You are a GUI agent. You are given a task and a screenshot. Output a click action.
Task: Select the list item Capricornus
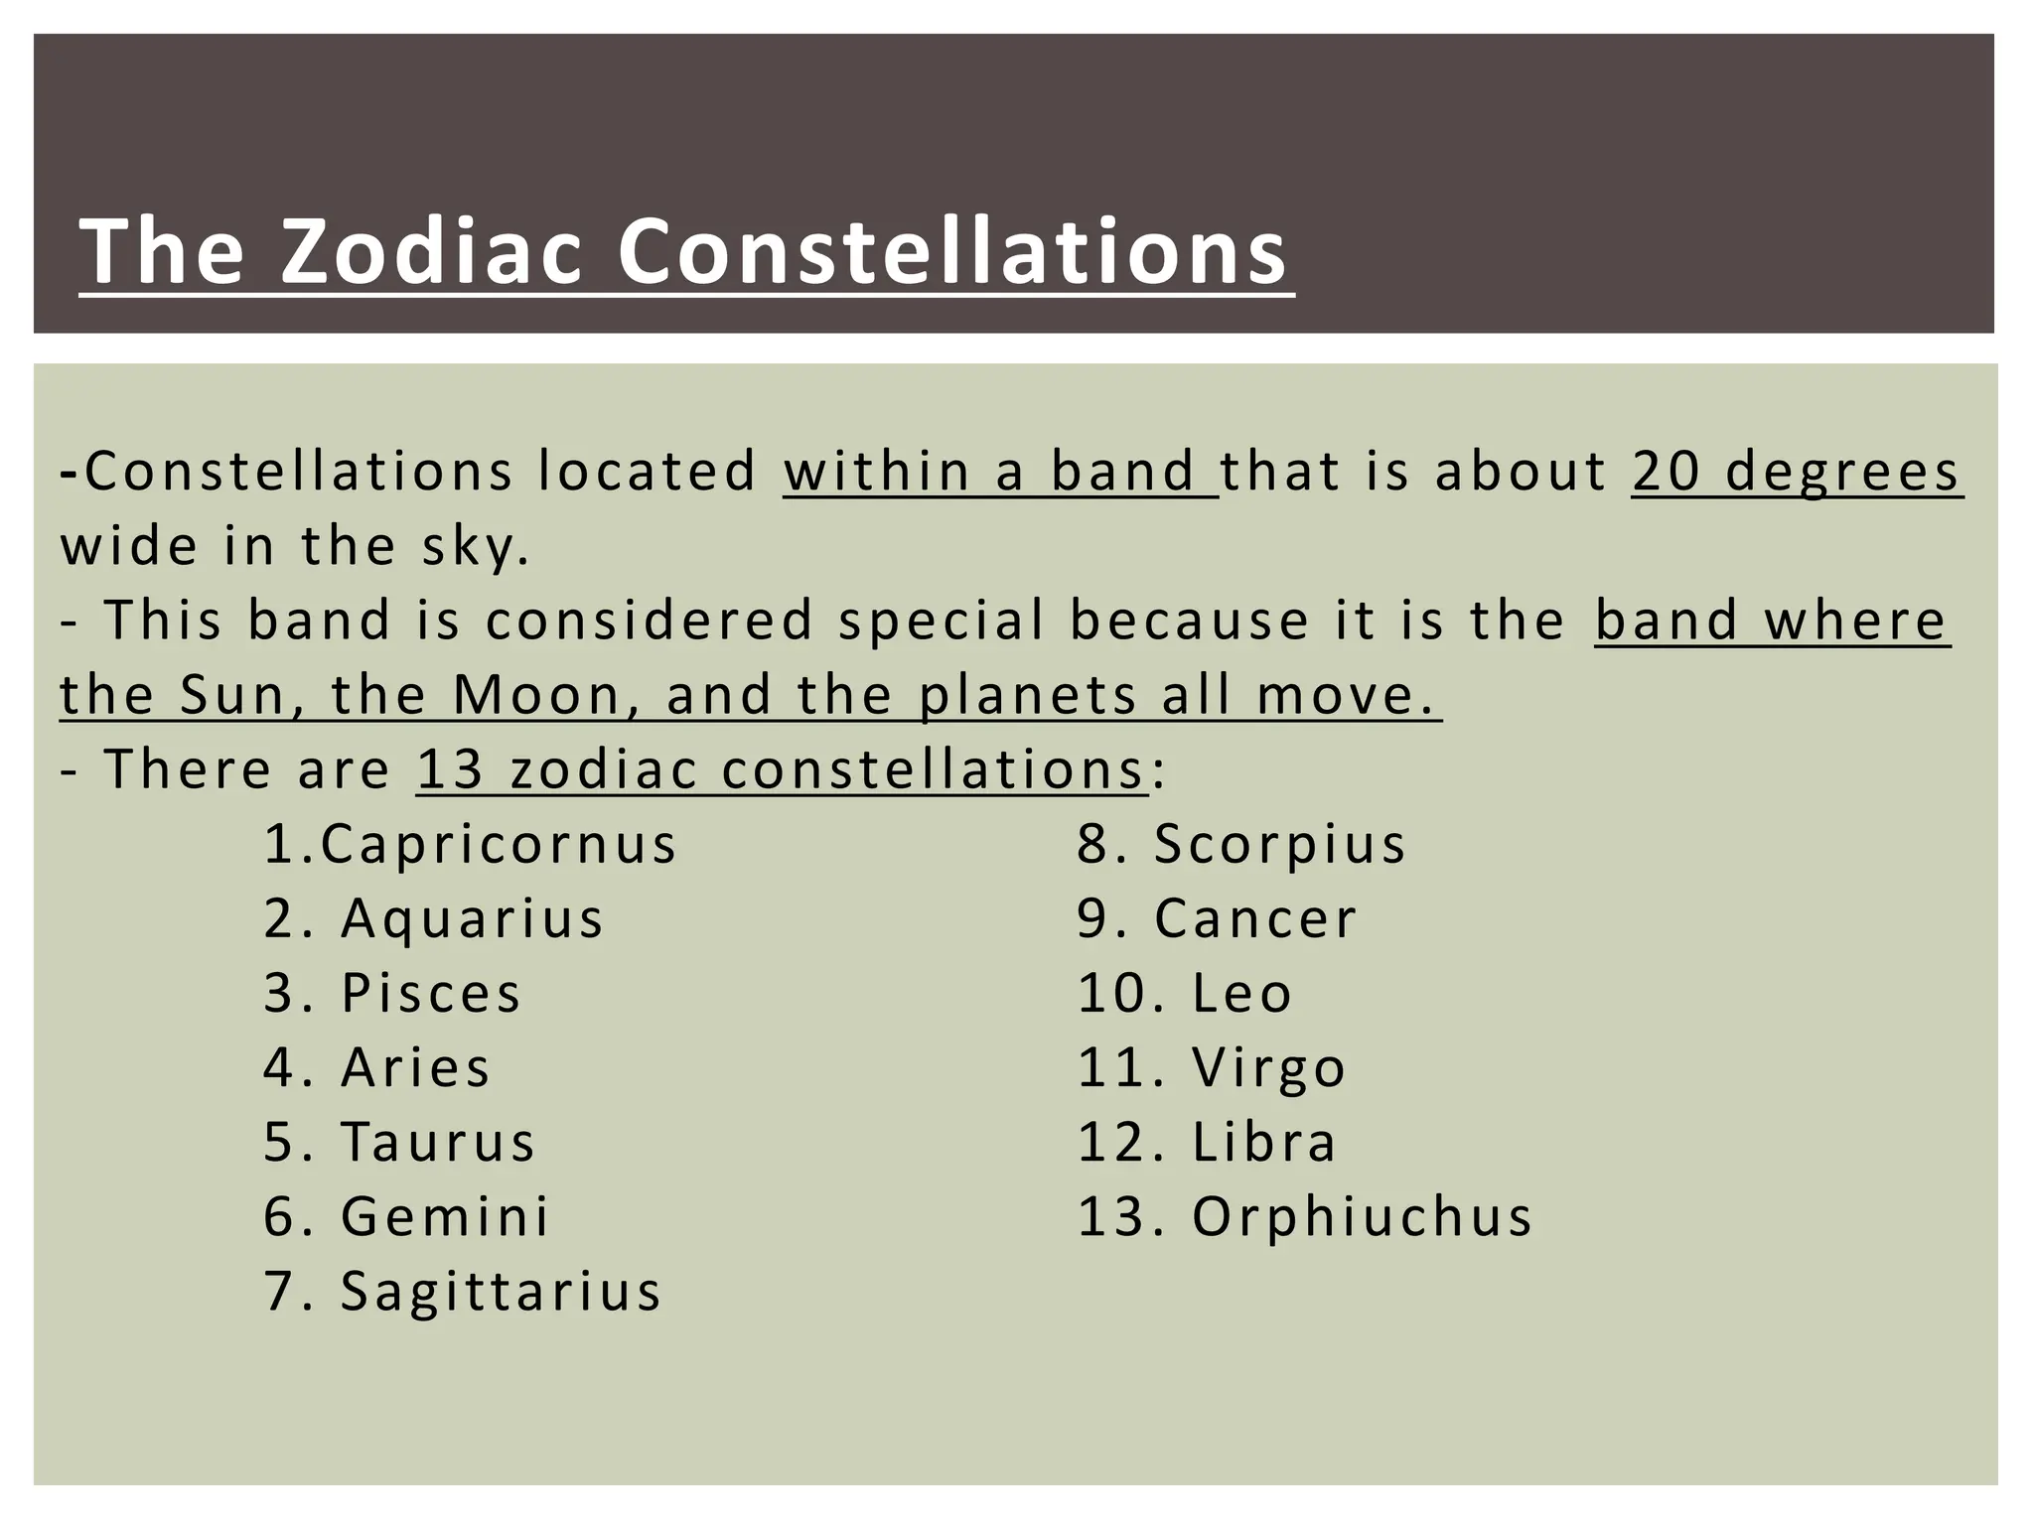[x=498, y=845]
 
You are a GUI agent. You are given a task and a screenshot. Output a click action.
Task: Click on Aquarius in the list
[x=472, y=919]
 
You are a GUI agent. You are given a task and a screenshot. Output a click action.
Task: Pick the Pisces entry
[x=431, y=994]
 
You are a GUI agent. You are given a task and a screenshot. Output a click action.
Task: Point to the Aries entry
[x=415, y=1068]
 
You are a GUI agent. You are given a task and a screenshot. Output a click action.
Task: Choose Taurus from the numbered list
[x=438, y=1143]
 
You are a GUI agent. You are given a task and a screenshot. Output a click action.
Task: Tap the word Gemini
[x=445, y=1217]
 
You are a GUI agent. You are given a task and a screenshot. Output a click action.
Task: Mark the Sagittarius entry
[x=501, y=1292]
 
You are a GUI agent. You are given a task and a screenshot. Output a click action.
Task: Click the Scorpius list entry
[x=1279, y=845]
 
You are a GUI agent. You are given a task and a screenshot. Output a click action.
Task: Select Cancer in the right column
[x=1255, y=919]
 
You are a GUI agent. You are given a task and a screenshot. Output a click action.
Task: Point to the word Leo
[x=1241, y=994]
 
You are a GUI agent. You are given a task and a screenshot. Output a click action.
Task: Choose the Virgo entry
[x=1268, y=1068]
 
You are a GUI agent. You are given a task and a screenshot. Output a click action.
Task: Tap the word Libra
[x=1263, y=1143]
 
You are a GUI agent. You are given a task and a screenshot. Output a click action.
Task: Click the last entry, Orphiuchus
[x=1362, y=1217]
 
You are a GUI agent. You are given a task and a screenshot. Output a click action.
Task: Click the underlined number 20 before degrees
[x=1665, y=472]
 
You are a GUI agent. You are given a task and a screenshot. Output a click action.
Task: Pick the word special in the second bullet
[x=942, y=622]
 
